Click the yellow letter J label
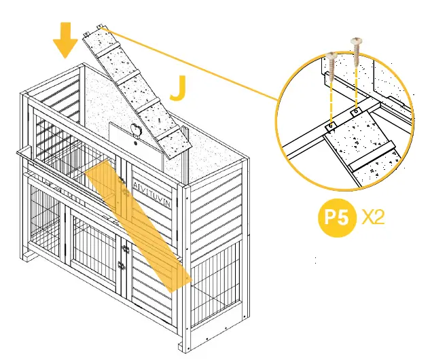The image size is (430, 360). (178, 88)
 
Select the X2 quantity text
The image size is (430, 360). (375, 217)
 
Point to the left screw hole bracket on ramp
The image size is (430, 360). (330, 126)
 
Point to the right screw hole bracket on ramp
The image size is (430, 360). (355, 110)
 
